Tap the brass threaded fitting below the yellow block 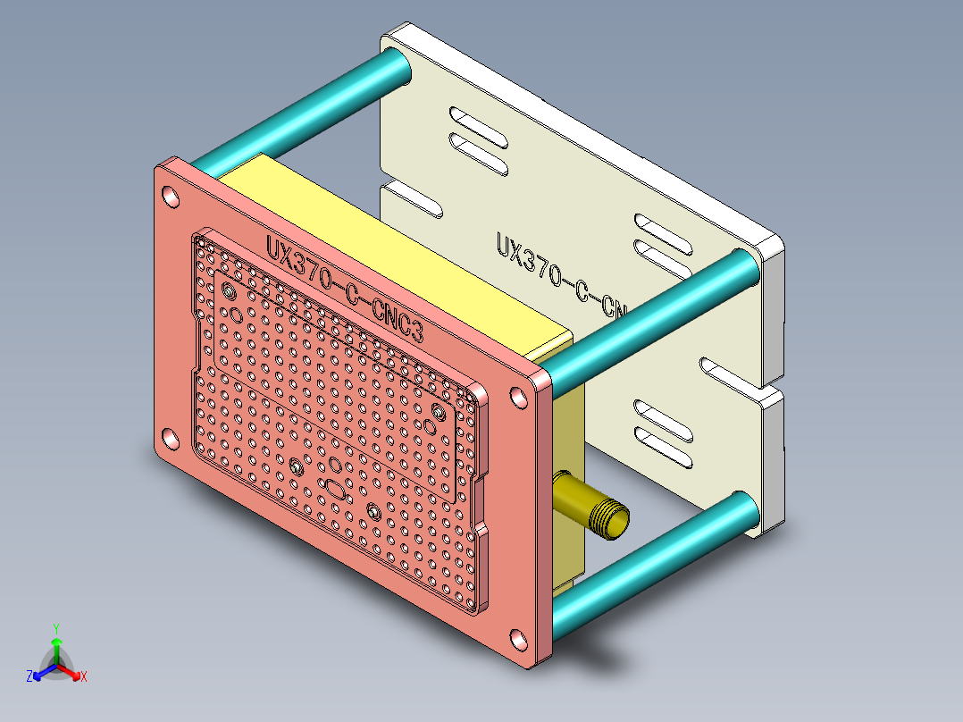click(x=593, y=507)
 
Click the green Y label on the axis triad click(x=55, y=628)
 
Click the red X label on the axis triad click(x=84, y=677)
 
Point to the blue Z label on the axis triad click(x=29, y=677)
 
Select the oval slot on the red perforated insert click(x=335, y=490)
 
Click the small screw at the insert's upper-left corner click(x=230, y=292)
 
